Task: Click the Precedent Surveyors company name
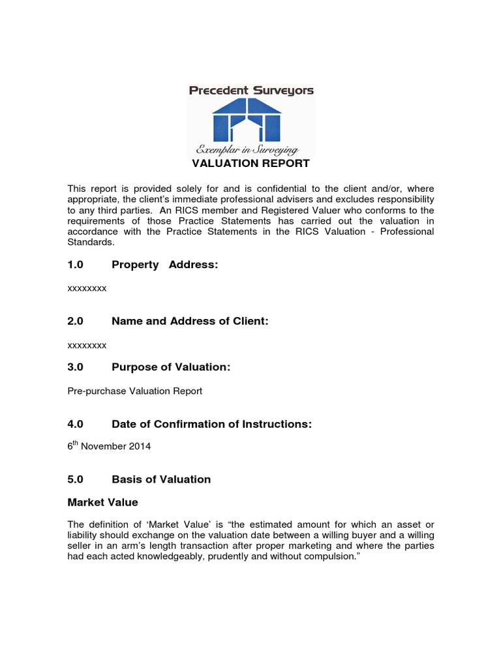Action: pos(251,91)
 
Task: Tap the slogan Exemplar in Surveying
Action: pos(251,150)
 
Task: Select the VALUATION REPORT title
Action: pos(250,163)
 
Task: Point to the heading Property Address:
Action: pos(164,265)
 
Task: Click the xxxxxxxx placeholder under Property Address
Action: pos(87,288)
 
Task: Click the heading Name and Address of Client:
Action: pos(190,321)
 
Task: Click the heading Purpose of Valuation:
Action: pos(171,367)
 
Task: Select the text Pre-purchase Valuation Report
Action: pos(135,391)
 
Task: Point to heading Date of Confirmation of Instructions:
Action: pos(211,424)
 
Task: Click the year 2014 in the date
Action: pos(141,448)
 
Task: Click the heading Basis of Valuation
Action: pos(161,479)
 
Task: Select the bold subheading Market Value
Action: pos(103,503)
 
